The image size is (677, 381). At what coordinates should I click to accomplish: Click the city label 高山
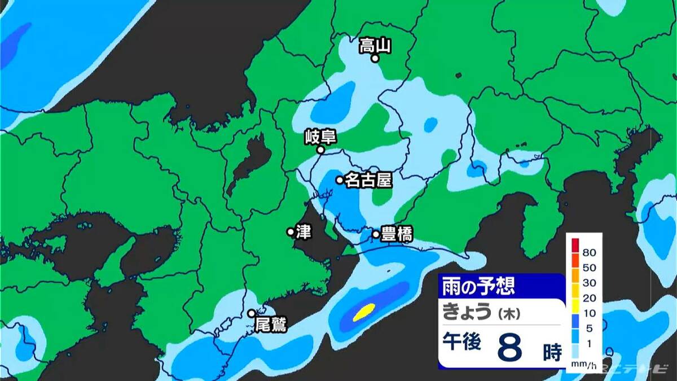375,45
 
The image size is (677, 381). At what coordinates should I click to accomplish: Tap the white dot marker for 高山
375,58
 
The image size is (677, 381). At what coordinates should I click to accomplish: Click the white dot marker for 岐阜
320,150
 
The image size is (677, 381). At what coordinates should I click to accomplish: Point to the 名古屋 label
368,181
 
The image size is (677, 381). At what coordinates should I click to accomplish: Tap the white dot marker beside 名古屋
340,181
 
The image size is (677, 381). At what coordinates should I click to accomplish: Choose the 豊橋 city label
397,234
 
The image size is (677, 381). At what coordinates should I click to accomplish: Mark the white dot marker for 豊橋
376,234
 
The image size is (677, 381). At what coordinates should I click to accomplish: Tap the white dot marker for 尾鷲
252,313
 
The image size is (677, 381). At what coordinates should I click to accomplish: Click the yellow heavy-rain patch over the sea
364,312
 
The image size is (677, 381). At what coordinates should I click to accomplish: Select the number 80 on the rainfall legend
590,252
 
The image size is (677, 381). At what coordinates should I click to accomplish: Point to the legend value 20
590,298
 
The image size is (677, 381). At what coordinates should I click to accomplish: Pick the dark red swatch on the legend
575,246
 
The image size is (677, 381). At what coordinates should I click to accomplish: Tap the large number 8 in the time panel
509,349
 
